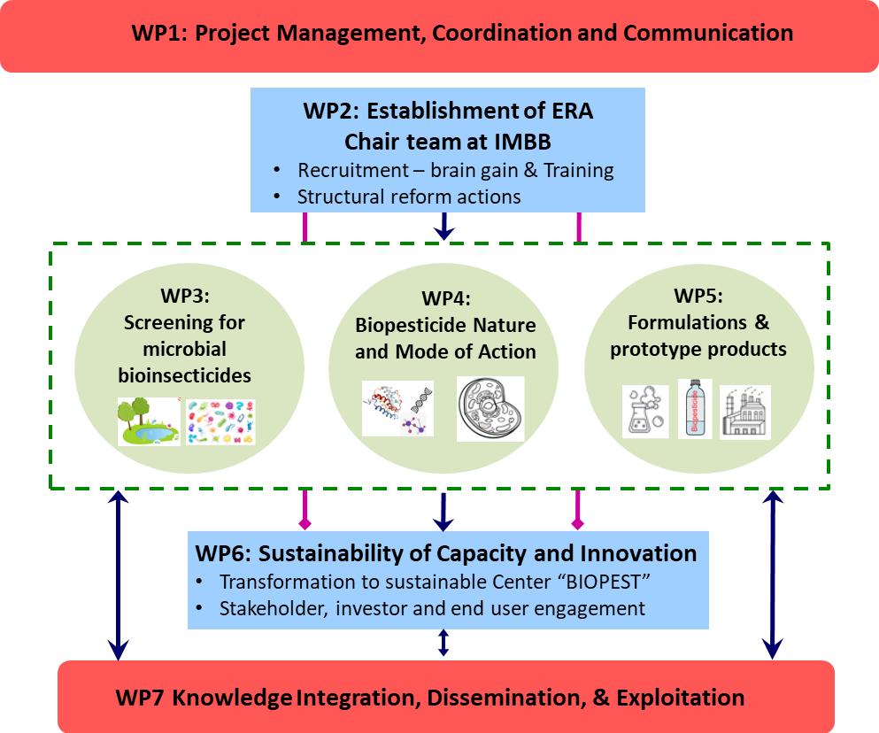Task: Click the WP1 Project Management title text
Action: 462,34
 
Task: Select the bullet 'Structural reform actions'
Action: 409,196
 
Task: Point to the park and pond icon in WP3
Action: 149,421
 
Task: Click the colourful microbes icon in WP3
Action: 221,421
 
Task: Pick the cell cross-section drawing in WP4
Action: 490,409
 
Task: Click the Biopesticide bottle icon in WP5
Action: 695,409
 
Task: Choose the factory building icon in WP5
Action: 744,411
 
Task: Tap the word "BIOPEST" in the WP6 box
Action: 572,583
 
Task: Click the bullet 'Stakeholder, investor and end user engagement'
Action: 432,609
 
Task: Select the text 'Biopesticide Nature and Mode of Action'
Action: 445,338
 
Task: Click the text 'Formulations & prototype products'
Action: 698,337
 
